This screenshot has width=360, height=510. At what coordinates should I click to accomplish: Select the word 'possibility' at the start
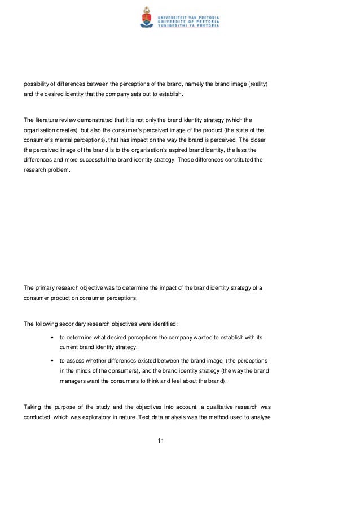click(x=37, y=84)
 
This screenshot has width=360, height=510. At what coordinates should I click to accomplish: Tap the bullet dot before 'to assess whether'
click(x=52, y=360)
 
